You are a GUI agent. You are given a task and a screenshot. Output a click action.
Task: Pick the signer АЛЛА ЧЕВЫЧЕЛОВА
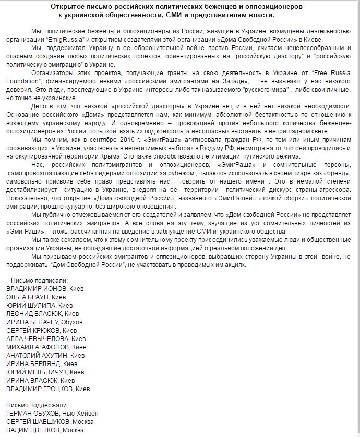click(x=38, y=338)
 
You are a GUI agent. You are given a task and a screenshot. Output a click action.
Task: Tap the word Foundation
click(x=23, y=81)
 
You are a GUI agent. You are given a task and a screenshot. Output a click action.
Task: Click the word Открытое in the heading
click(x=68, y=6)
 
